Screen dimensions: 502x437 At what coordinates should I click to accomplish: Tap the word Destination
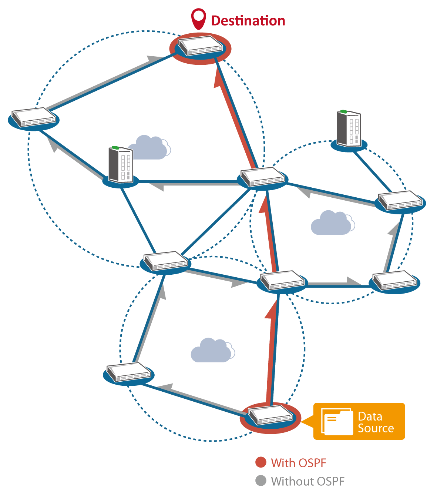point(248,21)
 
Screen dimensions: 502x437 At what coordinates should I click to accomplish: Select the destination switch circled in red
point(200,46)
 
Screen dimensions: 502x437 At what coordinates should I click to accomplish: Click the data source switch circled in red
point(270,416)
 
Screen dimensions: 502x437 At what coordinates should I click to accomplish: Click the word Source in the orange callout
point(376,428)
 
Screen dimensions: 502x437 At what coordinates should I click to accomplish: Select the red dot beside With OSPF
point(261,462)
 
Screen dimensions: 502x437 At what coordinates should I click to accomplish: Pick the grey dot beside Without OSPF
point(261,481)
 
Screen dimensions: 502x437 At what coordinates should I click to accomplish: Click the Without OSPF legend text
point(307,481)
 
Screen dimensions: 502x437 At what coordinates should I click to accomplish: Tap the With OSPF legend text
point(299,463)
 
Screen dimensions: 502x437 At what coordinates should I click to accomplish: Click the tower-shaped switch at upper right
point(349,129)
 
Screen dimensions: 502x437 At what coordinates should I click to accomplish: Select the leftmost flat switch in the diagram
point(33,117)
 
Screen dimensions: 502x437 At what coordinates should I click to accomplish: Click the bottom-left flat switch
point(128,372)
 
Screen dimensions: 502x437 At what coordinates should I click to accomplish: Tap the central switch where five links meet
point(262,177)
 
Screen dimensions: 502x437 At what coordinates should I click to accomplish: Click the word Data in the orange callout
point(370,416)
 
